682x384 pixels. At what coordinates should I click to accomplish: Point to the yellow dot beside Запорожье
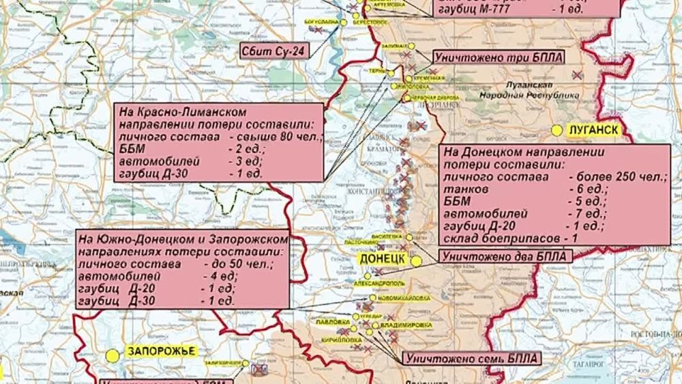coord(112,355)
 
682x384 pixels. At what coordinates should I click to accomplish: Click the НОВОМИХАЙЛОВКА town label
coord(405,298)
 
